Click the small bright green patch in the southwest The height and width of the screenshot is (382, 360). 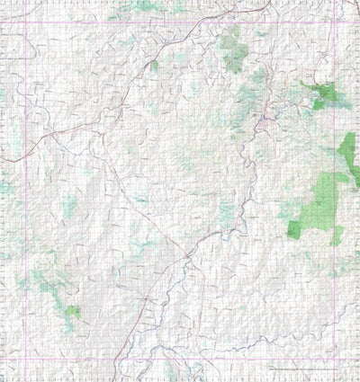72,312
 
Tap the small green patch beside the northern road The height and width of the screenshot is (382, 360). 155,65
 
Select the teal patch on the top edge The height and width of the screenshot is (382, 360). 144,5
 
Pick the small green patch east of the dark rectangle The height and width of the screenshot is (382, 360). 337,236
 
